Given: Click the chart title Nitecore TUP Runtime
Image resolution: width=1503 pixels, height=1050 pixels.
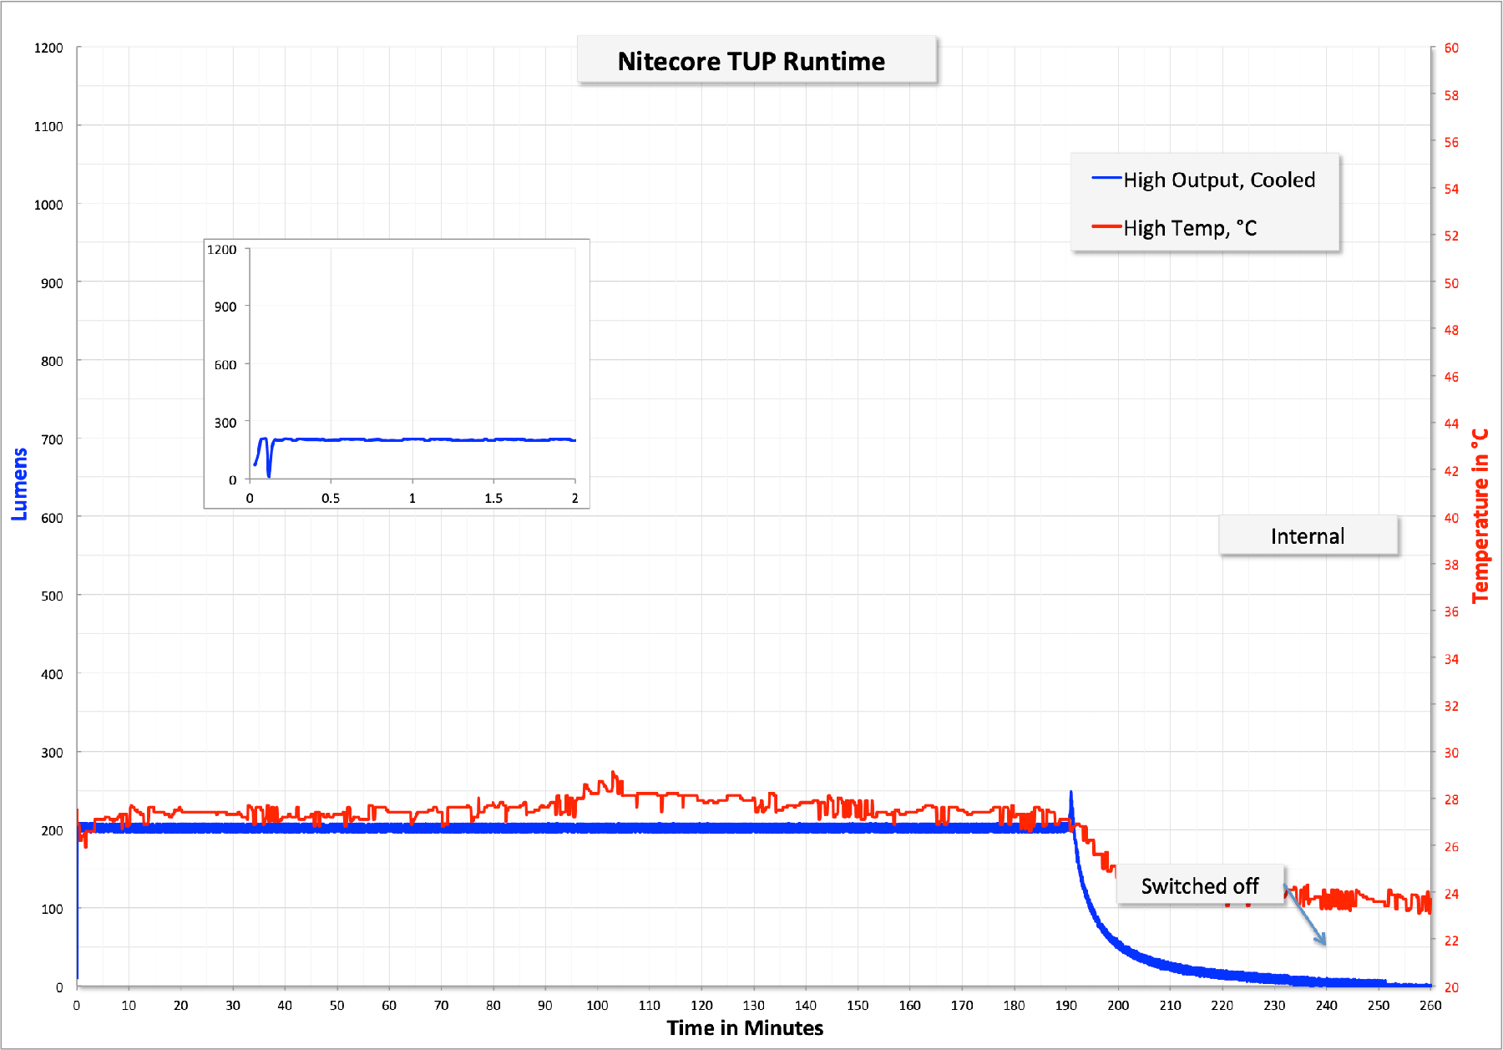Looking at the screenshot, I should coord(751,61).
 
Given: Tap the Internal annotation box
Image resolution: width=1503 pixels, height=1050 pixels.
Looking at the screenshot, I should coord(1308,536).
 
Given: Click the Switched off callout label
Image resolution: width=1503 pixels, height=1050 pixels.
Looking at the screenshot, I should coord(1200,885).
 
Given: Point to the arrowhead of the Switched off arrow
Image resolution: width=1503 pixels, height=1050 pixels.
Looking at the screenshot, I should coord(1323,943).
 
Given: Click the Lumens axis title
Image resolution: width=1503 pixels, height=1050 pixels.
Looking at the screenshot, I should coord(19,484).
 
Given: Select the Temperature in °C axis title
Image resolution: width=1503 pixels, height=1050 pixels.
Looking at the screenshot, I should coord(1480,516).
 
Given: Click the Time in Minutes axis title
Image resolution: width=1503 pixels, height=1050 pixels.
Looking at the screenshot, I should coord(745,1027).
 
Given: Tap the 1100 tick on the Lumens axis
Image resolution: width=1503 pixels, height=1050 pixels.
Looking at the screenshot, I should coord(48,126).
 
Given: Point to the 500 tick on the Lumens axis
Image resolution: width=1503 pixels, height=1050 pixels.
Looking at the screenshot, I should coord(52,596).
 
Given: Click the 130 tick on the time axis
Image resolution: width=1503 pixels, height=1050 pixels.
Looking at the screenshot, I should coord(754,1005).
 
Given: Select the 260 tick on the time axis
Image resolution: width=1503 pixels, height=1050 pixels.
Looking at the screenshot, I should coord(1430,1005).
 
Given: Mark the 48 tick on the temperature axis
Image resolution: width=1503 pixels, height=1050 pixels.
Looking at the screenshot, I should coord(1452,330).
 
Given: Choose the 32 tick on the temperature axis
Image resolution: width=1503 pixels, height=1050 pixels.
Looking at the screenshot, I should coord(1452,706).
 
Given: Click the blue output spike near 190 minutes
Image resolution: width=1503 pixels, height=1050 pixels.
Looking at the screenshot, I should coord(1071,794).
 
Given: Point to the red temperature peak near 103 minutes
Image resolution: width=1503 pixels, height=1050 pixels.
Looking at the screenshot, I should coord(614,774).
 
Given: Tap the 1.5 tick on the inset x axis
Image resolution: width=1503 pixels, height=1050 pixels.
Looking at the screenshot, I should coord(493,498).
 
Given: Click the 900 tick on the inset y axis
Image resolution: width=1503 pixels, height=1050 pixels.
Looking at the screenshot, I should coord(225,307).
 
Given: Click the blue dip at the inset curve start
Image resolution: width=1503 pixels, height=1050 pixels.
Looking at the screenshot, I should coord(269,474).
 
